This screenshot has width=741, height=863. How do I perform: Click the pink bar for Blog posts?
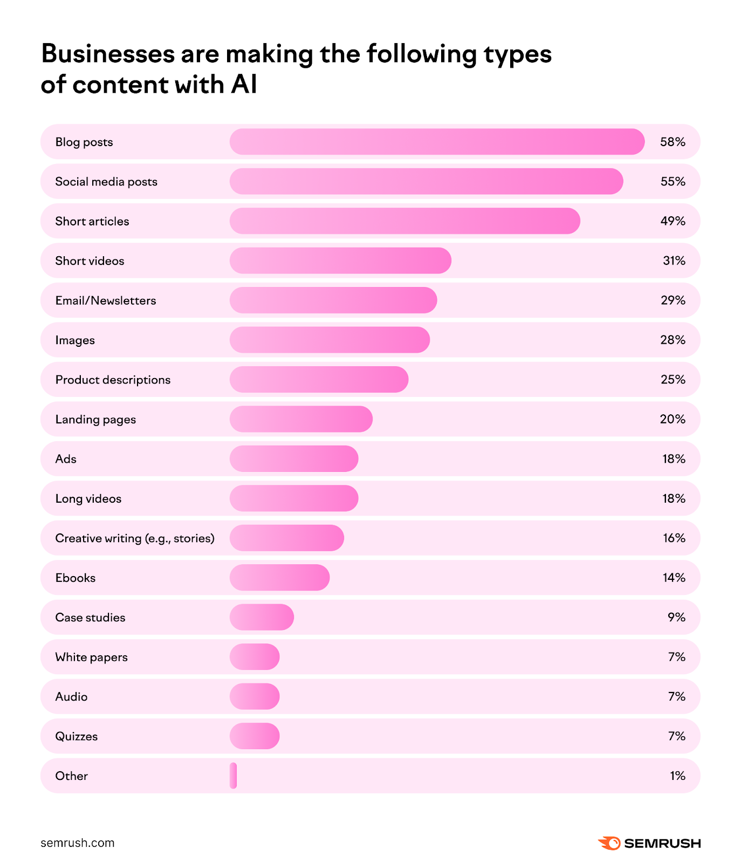pyautogui.click(x=437, y=142)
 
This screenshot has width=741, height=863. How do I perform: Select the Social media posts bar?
pyautogui.click(x=426, y=181)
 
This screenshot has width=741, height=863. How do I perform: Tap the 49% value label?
pyautogui.click(x=673, y=221)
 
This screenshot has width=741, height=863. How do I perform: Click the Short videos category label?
pyautogui.click(x=90, y=261)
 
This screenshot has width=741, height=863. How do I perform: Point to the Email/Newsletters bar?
pyautogui.click(x=333, y=300)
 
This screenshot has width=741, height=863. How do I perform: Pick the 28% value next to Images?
pyautogui.click(x=673, y=340)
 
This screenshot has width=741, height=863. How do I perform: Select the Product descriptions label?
pyautogui.click(x=113, y=380)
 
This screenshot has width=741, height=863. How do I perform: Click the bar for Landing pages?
pyautogui.click(x=301, y=419)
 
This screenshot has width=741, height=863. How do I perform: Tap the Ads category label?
pyautogui.click(x=66, y=459)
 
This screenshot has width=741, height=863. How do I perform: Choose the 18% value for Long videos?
pyautogui.click(x=674, y=498)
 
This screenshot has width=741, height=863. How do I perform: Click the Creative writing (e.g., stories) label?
pyautogui.click(x=135, y=538)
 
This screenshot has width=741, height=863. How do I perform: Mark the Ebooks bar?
pyautogui.click(x=279, y=578)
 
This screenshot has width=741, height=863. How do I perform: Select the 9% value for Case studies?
pyautogui.click(x=676, y=617)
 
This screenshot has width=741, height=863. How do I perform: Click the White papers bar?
pyautogui.click(x=255, y=657)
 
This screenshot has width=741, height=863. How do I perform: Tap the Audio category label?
pyautogui.click(x=71, y=697)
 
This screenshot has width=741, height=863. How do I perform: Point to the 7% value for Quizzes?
pyautogui.click(x=676, y=736)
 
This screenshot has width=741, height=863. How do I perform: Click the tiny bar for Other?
pyautogui.click(x=233, y=776)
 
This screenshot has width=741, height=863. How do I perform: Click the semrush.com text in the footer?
pyautogui.click(x=77, y=843)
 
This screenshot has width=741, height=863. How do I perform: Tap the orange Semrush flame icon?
pyautogui.click(x=609, y=843)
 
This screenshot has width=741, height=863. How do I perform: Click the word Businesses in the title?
pyautogui.click(x=108, y=54)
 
